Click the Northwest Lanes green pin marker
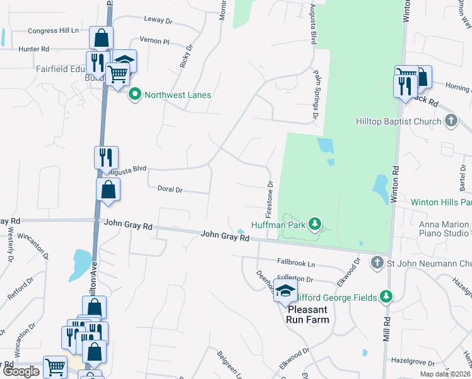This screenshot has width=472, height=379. pos(134,95)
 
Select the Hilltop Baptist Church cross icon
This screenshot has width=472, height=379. pos(451,120)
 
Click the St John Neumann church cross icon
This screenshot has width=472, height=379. pos(377,262)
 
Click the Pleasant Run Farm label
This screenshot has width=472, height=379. pos(309,315)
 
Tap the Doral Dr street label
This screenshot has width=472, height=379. pos(170,189)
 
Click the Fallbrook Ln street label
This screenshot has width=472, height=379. pos(296,262)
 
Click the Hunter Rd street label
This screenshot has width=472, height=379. pos(33,49)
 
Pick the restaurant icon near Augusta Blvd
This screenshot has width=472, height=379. pos(106,156)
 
